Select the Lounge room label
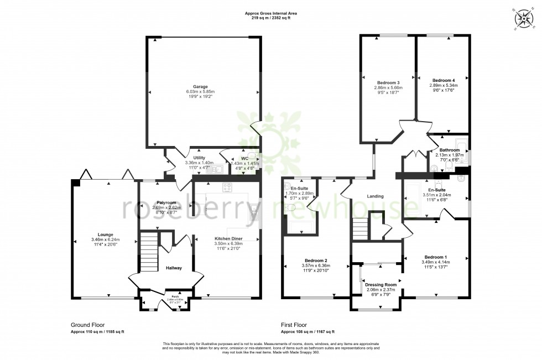pyautogui.click(x=105, y=235)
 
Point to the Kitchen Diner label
pyautogui.click(x=229, y=238)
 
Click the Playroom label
pyautogui.click(x=165, y=202)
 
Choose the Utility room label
pyautogui.click(x=199, y=158)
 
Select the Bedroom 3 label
pyautogui.click(x=388, y=82)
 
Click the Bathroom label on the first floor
pyautogui.click(x=450, y=150)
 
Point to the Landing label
pyautogui.click(x=376, y=196)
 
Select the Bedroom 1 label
pyautogui.click(x=435, y=257)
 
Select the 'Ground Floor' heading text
pyautogui.click(x=88, y=325)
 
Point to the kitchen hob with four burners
pyautogui.click(x=227, y=187)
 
